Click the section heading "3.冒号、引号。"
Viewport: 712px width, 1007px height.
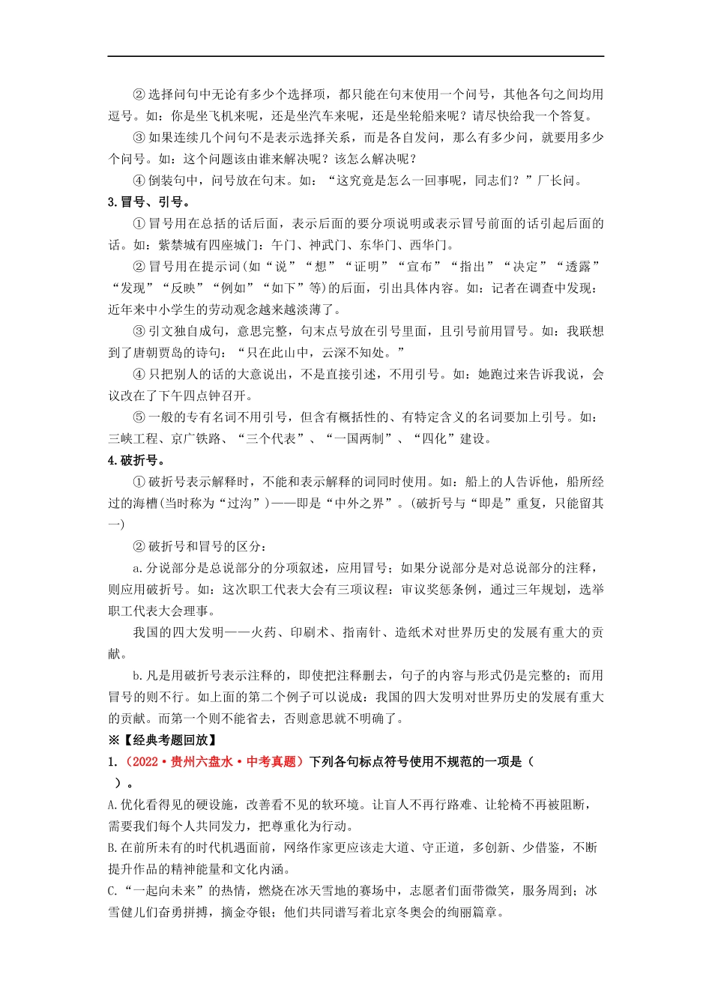148,202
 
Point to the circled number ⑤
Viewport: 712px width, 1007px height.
139,417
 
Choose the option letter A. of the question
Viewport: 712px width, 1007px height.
113,805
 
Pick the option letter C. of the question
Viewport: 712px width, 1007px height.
113,891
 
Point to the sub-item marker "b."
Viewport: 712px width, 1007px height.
138,676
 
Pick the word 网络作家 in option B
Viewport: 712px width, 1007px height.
309,848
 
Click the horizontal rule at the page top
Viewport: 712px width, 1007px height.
356,56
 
